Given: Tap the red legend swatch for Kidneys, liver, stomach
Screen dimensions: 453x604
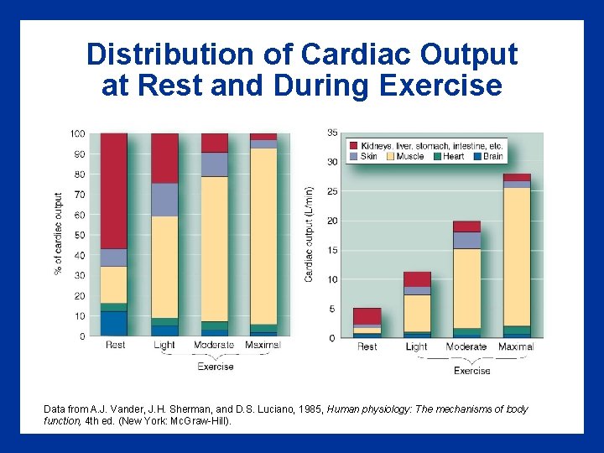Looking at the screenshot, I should coord(353,145).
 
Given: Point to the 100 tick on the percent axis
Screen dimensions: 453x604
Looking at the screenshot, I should coord(77,134).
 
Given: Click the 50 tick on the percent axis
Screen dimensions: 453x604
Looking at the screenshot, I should coord(80,236).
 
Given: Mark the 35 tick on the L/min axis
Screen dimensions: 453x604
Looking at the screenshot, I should coord(332,133).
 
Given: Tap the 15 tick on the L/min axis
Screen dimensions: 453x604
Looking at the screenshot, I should coord(332,250).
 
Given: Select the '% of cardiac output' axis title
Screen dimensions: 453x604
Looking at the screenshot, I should coord(58,234).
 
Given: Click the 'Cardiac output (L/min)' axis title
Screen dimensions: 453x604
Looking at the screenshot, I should coord(309,234).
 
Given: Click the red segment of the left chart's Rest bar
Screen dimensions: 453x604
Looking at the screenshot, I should coord(113,190).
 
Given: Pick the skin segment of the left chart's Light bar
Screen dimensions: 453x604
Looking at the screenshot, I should coord(164,200).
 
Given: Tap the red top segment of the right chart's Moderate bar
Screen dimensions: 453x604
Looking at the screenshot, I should coord(466,226).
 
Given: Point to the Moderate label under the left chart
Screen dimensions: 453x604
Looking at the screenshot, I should coord(215,345).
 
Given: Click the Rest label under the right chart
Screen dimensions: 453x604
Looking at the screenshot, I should coord(367,346).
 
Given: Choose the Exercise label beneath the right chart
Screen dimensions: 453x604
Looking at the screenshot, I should coord(471,370).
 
